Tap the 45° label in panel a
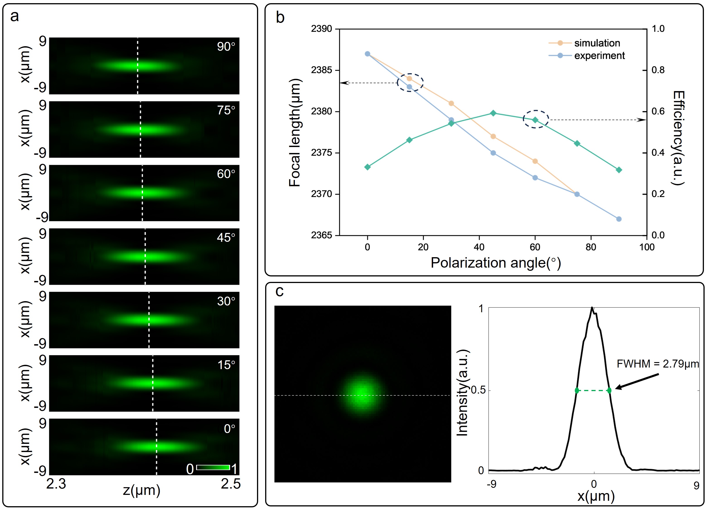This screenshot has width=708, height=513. point(226,238)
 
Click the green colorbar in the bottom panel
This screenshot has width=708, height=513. point(213,467)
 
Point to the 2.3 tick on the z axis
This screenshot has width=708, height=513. point(56,484)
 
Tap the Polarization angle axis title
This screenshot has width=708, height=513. point(496,263)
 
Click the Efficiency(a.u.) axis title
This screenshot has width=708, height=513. point(679,138)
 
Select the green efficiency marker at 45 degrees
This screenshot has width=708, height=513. point(493,113)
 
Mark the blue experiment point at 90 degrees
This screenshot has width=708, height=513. point(619,219)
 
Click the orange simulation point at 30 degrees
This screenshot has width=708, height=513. point(451,103)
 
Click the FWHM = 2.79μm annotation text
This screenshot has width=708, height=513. point(657,364)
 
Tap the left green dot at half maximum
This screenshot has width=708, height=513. point(577,390)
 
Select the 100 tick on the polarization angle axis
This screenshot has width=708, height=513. point(647,247)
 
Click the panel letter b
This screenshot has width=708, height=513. point(280,17)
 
